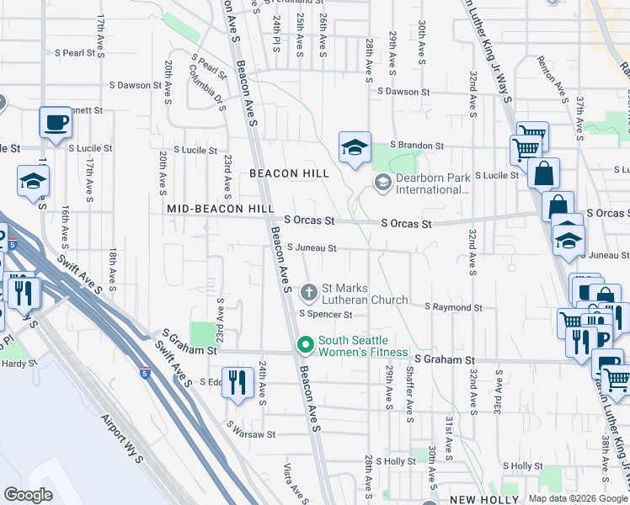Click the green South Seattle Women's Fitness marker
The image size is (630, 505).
[305, 346]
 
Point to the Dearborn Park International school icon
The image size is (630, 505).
[382, 183]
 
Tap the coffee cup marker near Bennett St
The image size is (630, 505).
[56, 122]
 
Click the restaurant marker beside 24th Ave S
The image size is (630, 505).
[238, 382]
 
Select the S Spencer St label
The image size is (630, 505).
[325, 315]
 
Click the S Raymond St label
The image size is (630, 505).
[453, 308]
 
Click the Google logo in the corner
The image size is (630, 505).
[28, 495]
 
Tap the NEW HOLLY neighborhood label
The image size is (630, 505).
[475, 499]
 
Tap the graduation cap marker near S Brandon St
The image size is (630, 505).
[355, 148]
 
